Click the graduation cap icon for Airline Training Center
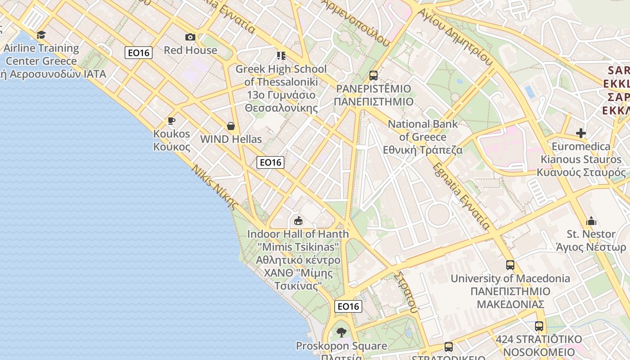click(41, 35)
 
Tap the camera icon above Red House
click(190, 37)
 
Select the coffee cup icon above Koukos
click(171, 121)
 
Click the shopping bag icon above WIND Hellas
click(231, 126)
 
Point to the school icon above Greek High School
click(281, 56)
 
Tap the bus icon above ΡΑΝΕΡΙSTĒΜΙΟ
click(373, 75)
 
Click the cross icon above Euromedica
click(581, 133)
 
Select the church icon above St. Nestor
click(591, 221)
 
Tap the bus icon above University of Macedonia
click(510, 265)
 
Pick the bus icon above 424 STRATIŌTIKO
click(539, 326)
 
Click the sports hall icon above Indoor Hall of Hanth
click(298, 220)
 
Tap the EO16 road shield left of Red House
click(139, 53)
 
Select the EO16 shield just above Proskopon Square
click(348, 306)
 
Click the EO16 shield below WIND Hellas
click(270, 162)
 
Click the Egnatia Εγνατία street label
click(461, 196)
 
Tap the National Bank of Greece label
click(423, 137)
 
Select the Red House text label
click(190, 50)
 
